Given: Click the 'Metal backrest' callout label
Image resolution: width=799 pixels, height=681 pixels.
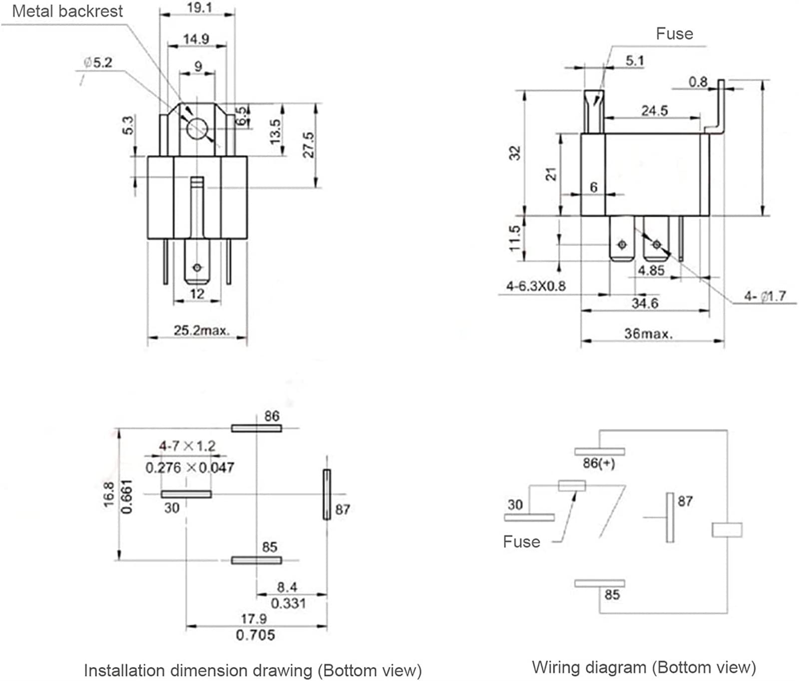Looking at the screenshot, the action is (x=67, y=11).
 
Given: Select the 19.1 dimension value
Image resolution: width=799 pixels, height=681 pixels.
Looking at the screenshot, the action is (x=199, y=7).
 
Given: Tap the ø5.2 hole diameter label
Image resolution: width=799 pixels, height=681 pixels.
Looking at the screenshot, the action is (x=98, y=62).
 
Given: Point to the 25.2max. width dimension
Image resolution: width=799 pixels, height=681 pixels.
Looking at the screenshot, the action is (x=201, y=330).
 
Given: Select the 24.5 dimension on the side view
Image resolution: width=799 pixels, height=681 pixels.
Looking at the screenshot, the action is (x=654, y=110).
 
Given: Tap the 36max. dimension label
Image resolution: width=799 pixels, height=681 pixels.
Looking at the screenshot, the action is (x=648, y=334).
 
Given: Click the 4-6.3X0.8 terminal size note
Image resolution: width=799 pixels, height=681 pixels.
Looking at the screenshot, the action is (x=536, y=286).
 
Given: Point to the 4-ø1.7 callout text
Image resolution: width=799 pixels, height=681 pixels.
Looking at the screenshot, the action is (x=765, y=296).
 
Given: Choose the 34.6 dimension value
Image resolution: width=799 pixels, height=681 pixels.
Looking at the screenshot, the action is (x=645, y=303).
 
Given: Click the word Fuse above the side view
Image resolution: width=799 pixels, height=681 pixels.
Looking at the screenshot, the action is (x=674, y=33).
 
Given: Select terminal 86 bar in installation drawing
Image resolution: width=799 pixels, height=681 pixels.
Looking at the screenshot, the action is (x=256, y=428).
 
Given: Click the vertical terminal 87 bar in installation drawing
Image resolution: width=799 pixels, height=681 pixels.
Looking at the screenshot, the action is (x=327, y=494).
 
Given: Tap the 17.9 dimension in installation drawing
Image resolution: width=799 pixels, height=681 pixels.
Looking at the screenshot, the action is (x=254, y=619).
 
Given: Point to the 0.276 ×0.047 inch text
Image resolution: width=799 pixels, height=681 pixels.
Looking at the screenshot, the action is (x=190, y=467).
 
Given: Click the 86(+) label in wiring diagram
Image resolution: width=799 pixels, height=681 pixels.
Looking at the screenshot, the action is (x=599, y=463).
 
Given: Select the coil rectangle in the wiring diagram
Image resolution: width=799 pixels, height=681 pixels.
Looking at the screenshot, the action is (x=727, y=530).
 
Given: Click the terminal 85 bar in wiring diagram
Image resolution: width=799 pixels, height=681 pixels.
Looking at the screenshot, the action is (x=599, y=583).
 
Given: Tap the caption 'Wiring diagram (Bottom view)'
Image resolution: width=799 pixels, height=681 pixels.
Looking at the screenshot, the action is (x=644, y=667).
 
